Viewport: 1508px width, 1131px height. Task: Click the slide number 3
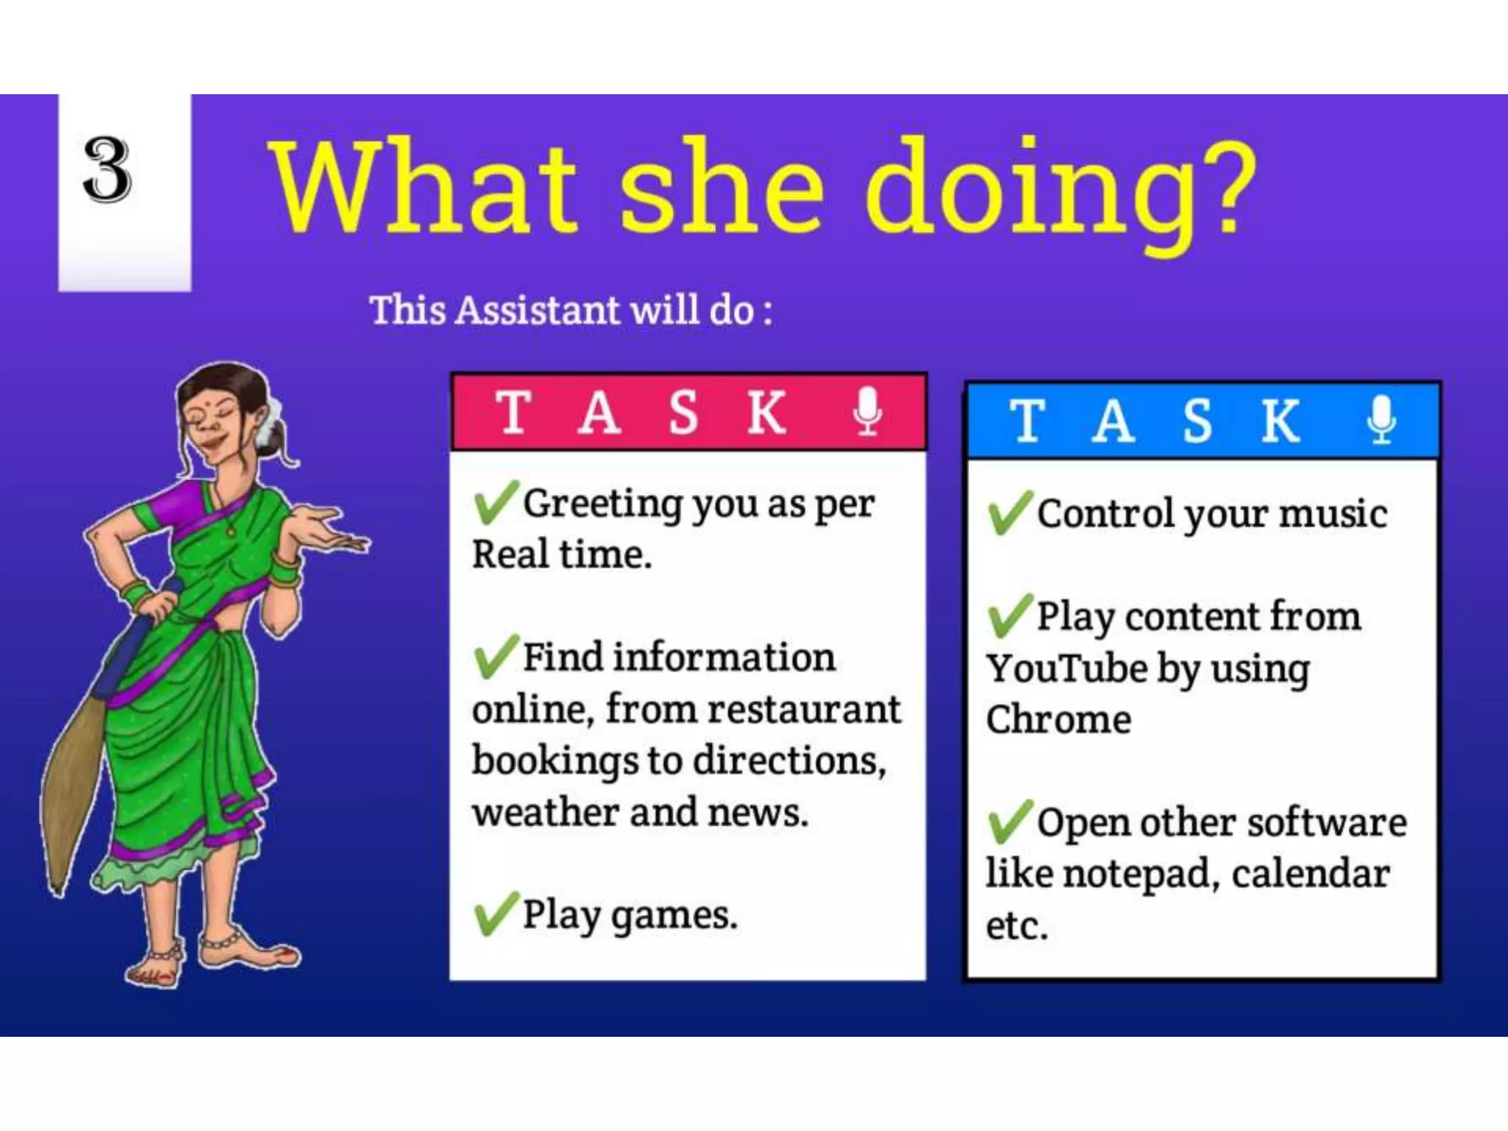click(108, 170)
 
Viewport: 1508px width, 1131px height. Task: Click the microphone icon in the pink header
click(867, 411)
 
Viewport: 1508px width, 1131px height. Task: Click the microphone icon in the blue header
click(1381, 419)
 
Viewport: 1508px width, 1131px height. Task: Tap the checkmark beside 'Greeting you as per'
click(496, 502)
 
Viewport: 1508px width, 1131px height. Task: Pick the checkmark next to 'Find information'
click(496, 655)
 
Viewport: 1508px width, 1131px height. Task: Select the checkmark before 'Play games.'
click(496, 913)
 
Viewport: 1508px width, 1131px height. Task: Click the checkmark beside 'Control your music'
click(1010, 512)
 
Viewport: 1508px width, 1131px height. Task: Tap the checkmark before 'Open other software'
click(1010, 821)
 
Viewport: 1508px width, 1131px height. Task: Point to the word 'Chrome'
click(1058, 719)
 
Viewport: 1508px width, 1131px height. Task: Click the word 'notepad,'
click(1141, 874)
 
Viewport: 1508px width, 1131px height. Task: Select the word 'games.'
click(673, 917)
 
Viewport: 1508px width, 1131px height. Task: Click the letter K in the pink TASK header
click(766, 412)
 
